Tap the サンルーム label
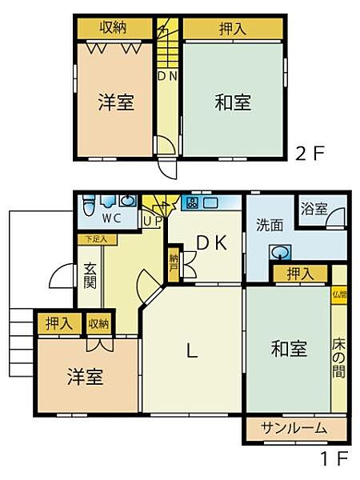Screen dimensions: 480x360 coord(295,428)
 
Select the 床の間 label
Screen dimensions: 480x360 coord(339,358)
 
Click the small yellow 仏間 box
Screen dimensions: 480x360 coord(339,294)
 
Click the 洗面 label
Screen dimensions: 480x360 coord(270,225)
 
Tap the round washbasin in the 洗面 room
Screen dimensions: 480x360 coord(280,253)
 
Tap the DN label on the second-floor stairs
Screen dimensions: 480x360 coord(166,78)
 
